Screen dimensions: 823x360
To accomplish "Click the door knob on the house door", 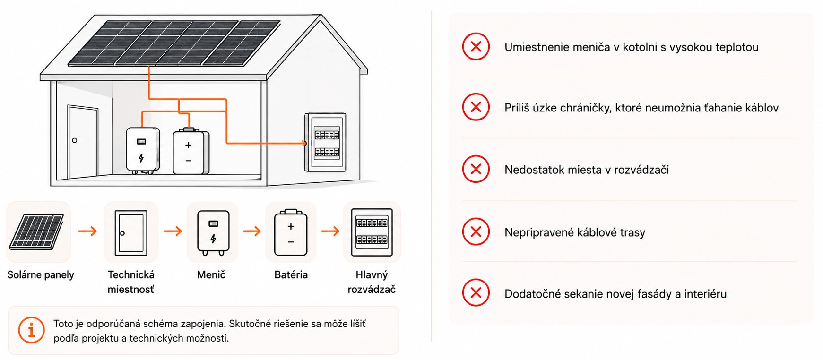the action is coord(74,140).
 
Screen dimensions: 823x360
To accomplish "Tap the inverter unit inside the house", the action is coord(142,150).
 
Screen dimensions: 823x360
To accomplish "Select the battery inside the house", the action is coord(191,151).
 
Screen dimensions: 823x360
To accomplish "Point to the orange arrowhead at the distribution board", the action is coord(304,143).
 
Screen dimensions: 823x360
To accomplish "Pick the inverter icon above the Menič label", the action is coord(213,233).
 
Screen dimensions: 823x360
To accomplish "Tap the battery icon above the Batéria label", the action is coord(291,232).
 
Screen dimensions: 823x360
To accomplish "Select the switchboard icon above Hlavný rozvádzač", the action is coord(372,232).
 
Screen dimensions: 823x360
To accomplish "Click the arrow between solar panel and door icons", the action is coord(87,231).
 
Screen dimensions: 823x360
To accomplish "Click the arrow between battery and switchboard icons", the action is coord(330,231).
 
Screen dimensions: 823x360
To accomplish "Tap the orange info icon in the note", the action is coord(32,330).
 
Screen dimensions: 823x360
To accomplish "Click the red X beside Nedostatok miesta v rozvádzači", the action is coord(476,169).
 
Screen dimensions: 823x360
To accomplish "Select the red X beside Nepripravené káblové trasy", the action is coord(476,231).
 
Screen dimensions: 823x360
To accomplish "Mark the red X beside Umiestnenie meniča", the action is coord(476,46).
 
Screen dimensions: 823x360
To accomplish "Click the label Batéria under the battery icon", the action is coord(291,274).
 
